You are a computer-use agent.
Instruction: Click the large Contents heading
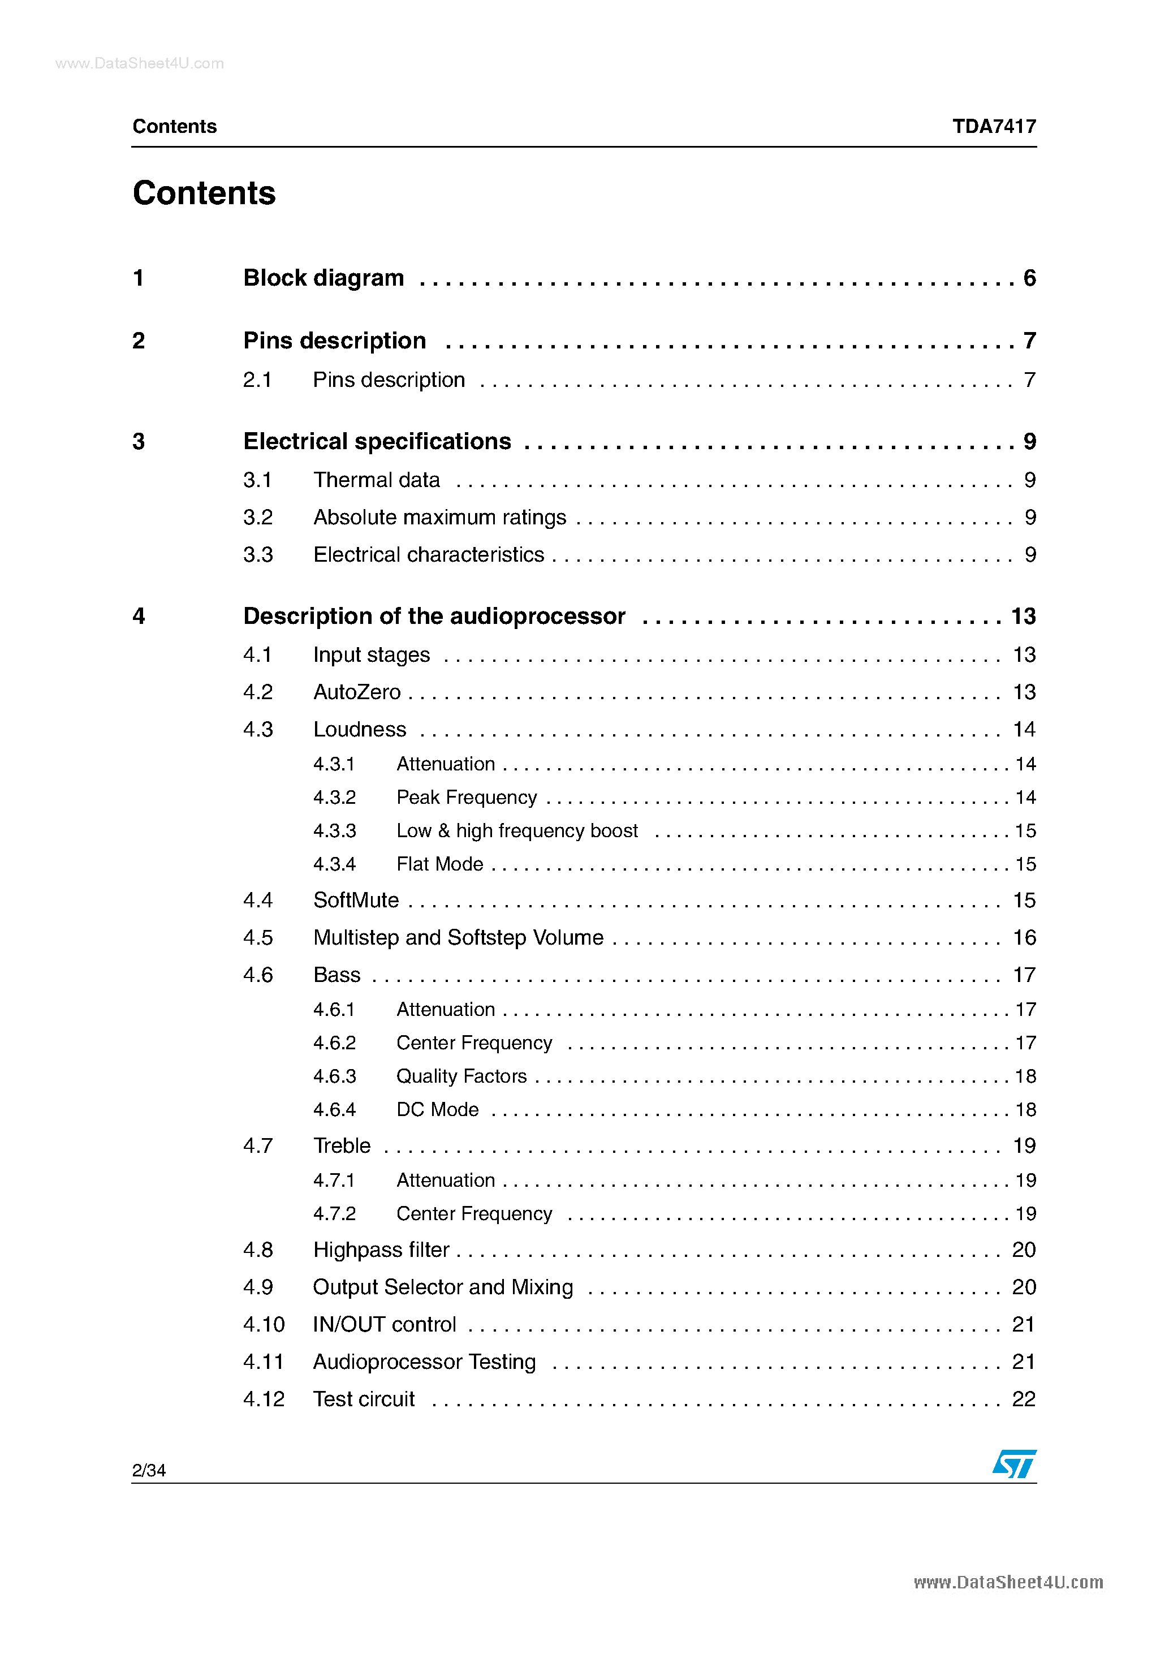[x=204, y=193]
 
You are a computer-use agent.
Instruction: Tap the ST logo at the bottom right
[x=1013, y=1464]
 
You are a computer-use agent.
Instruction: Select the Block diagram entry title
[x=323, y=278]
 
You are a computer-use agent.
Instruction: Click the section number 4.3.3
[x=334, y=830]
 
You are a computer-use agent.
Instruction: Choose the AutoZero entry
[x=356, y=692]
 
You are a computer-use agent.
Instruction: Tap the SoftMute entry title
[x=356, y=901]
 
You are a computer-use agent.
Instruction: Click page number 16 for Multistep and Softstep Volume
[x=1024, y=938]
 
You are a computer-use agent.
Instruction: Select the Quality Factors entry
[x=461, y=1076]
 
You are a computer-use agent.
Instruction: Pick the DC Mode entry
[x=437, y=1109]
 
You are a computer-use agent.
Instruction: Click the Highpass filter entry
[x=381, y=1250]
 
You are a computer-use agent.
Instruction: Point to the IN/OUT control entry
[x=384, y=1325]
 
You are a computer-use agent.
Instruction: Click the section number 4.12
[x=264, y=1399]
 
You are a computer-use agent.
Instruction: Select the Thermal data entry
[x=376, y=480]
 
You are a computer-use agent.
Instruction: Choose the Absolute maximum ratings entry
[x=439, y=517]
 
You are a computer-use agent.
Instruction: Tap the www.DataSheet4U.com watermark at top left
[x=139, y=63]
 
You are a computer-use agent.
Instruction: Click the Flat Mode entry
[x=439, y=864]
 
